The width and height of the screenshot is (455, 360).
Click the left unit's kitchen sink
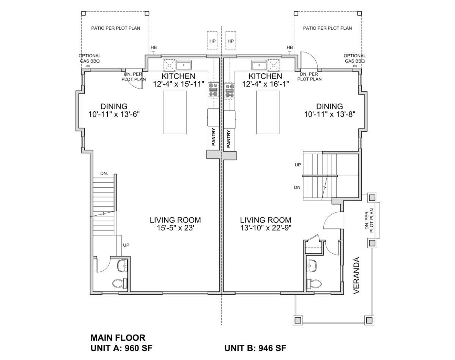184,66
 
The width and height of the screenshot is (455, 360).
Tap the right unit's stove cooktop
230,90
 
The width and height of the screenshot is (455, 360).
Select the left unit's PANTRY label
213,136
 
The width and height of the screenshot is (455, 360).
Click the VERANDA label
356,275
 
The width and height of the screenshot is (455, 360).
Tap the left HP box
213,41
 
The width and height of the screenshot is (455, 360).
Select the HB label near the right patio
290,47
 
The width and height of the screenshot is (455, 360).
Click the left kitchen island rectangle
175,112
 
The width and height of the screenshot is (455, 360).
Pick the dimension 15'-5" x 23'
175,228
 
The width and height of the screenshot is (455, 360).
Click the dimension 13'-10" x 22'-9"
266,228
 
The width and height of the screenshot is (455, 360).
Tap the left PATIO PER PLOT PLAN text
115,28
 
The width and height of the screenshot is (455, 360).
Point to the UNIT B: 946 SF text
255,348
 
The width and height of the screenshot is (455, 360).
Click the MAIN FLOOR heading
118,338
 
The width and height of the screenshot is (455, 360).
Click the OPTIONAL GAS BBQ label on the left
90,58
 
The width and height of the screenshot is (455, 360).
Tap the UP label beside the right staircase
298,164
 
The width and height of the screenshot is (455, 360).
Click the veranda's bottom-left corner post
298,320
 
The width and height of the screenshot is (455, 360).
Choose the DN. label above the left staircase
104,173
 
